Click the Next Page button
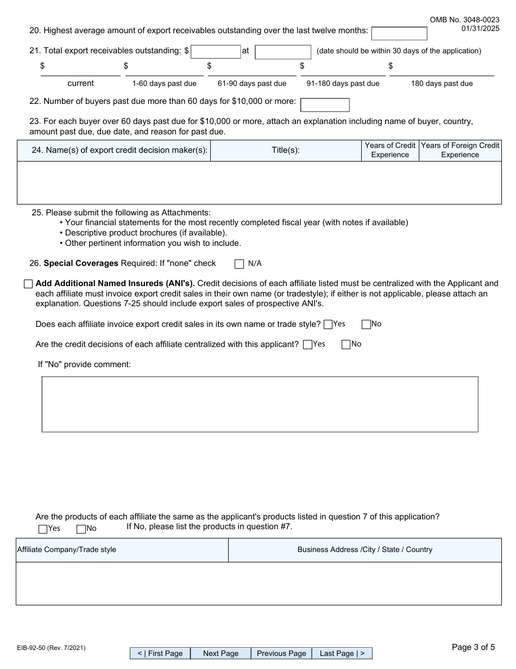pyautogui.click(x=221, y=653)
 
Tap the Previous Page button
pyautogui.click(x=281, y=653)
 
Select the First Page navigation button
pyautogui.click(x=160, y=653)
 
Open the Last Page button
pyautogui.click(x=342, y=653)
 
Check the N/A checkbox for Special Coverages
pyautogui.click(x=239, y=264)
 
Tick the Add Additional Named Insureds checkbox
pyautogui.click(x=28, y=284)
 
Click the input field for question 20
pyautogui.click(x=399, y=33)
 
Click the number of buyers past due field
pyautogui.click(x=325, y=104)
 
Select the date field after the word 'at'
pyautogui.click(x=282, y=52)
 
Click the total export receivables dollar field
pyautogui.click(x=216, y=52)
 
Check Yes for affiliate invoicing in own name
pyautogui.click(x=328, y=325)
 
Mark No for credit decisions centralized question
pyautogui.click(x=346, y=344)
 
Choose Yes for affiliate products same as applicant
pyautogui.click(x=43, y=529)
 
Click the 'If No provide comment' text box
pyautogui.click(x=260, y=404)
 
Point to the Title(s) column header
pyautogui.click(x=286, y=150)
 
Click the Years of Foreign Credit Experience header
pyautogui.click(x=460, y=150)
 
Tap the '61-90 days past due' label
pyautogui.click(x=252, y=83)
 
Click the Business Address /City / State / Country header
pyautogui.click(x=364, y=549)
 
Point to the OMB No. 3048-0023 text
pyautogui.click(x=464, y=20)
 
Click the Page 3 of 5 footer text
pyautogui.click(x=473, y=647)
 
